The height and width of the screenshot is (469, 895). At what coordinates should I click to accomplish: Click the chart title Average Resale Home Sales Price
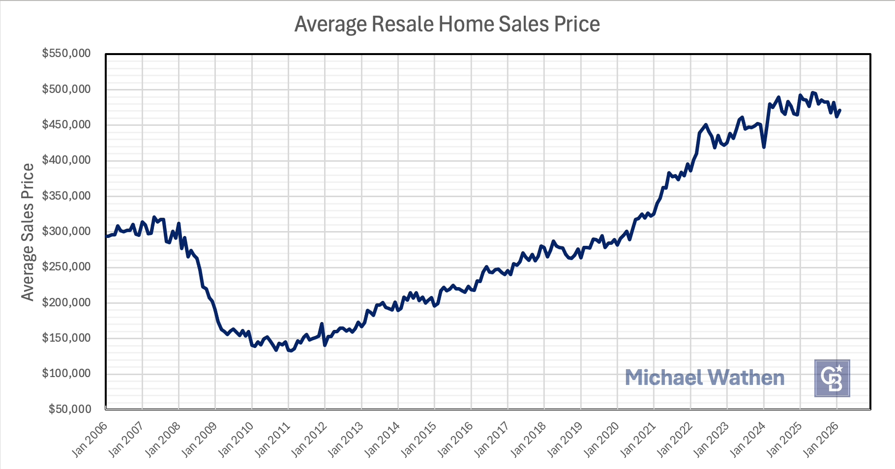point(447,24)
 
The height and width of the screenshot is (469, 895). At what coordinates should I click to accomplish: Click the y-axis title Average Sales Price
point(28,232)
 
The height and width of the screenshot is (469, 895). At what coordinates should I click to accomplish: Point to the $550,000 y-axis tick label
point(66,53)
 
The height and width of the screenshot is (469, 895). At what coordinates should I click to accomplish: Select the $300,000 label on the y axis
point(66,231)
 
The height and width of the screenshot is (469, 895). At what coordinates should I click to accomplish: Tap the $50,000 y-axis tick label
point(69,409)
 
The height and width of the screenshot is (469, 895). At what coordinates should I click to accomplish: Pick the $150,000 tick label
point(66,338)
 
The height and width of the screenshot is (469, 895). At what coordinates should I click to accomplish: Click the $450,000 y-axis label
point(66,124)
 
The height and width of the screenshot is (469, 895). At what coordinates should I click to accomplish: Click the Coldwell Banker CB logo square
point(832,378)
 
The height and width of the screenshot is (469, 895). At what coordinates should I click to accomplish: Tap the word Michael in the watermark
point(664,378)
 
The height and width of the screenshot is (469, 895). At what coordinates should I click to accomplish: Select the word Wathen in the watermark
point(746,378)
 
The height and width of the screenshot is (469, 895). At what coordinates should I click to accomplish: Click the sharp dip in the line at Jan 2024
point(764,147)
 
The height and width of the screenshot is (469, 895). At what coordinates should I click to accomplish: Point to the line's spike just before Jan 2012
point(322,324)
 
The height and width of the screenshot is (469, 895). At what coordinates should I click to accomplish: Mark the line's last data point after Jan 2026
point(840,111)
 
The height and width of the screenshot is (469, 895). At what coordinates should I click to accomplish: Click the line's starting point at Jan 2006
point(106,236)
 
